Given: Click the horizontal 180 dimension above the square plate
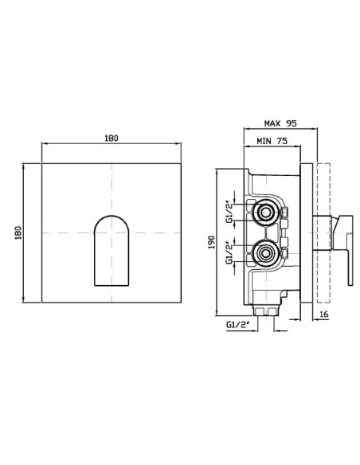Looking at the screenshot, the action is [x=112, y=139].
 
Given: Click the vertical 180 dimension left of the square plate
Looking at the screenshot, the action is [x=18, y=232].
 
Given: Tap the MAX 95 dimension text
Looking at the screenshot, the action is [x=280, y=123].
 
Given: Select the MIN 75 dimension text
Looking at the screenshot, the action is [x=272, y=141].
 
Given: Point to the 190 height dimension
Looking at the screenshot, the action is [x=211, y=242].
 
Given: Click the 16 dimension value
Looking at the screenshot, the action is [x=324, y=314].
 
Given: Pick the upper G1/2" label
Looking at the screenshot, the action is [x=229, y=213].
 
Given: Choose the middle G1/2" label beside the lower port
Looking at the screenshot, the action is [x=229, y=254].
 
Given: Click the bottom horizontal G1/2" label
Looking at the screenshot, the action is [x=237, y=325].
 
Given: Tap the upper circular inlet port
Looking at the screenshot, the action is [x=264, y=212].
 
